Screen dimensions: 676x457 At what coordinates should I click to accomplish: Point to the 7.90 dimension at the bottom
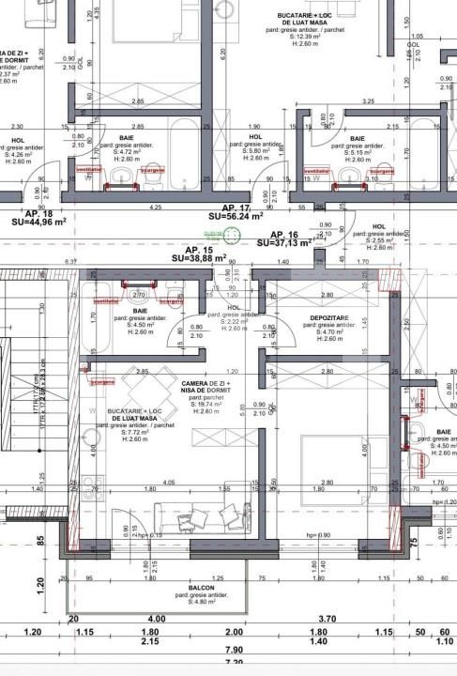233,650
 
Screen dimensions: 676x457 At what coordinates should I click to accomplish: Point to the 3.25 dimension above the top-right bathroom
368,100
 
